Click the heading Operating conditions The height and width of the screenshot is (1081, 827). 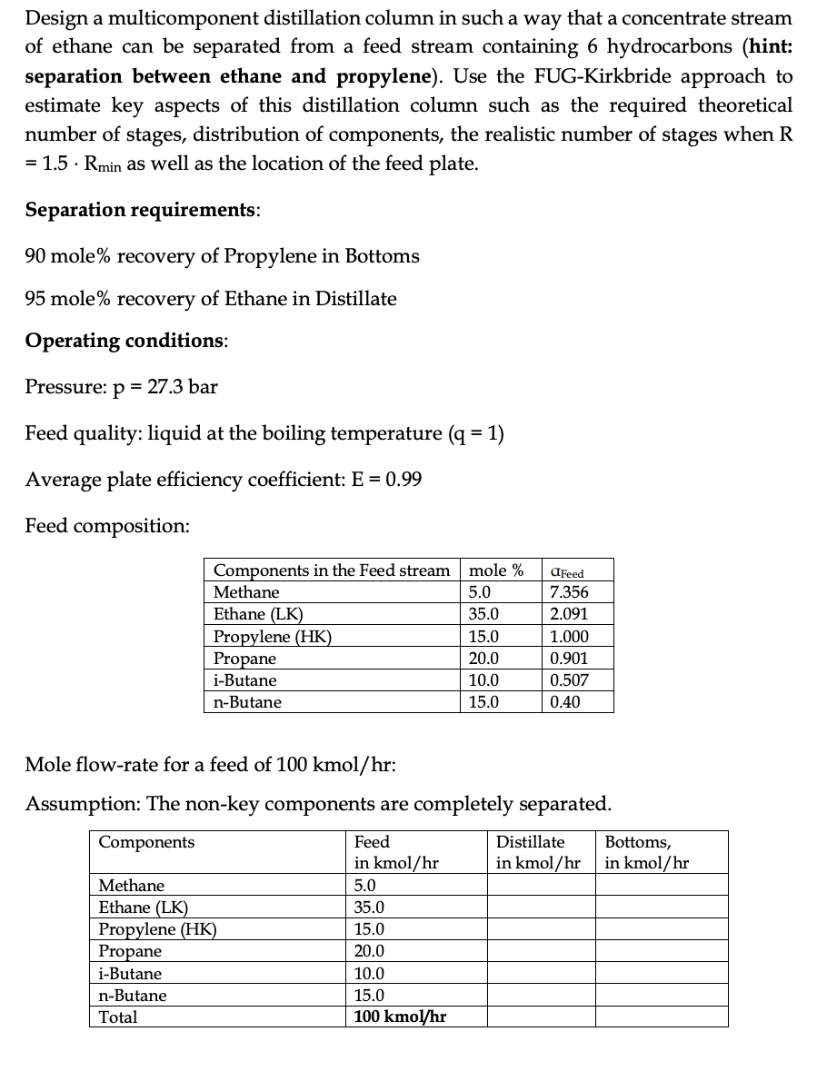coord(126,341)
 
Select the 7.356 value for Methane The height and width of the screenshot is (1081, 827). coord(570,592)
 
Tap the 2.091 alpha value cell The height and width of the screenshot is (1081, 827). coord(570,614)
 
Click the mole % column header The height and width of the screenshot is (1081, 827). coord(494,570)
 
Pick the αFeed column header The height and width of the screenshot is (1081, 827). coord(569,572)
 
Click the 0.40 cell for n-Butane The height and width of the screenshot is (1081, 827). coord(565,701)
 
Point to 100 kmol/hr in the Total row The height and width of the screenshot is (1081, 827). coord(400,1017)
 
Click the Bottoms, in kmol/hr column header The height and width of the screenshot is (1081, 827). coord(647,852)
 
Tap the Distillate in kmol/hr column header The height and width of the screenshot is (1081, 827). coord(538,852)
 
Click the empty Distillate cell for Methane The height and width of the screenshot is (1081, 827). coord(540,885)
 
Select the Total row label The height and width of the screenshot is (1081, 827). coord(118,1017)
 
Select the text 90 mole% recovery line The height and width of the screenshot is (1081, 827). coord(222,255)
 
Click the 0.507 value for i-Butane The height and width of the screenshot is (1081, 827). coord(570,679)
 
